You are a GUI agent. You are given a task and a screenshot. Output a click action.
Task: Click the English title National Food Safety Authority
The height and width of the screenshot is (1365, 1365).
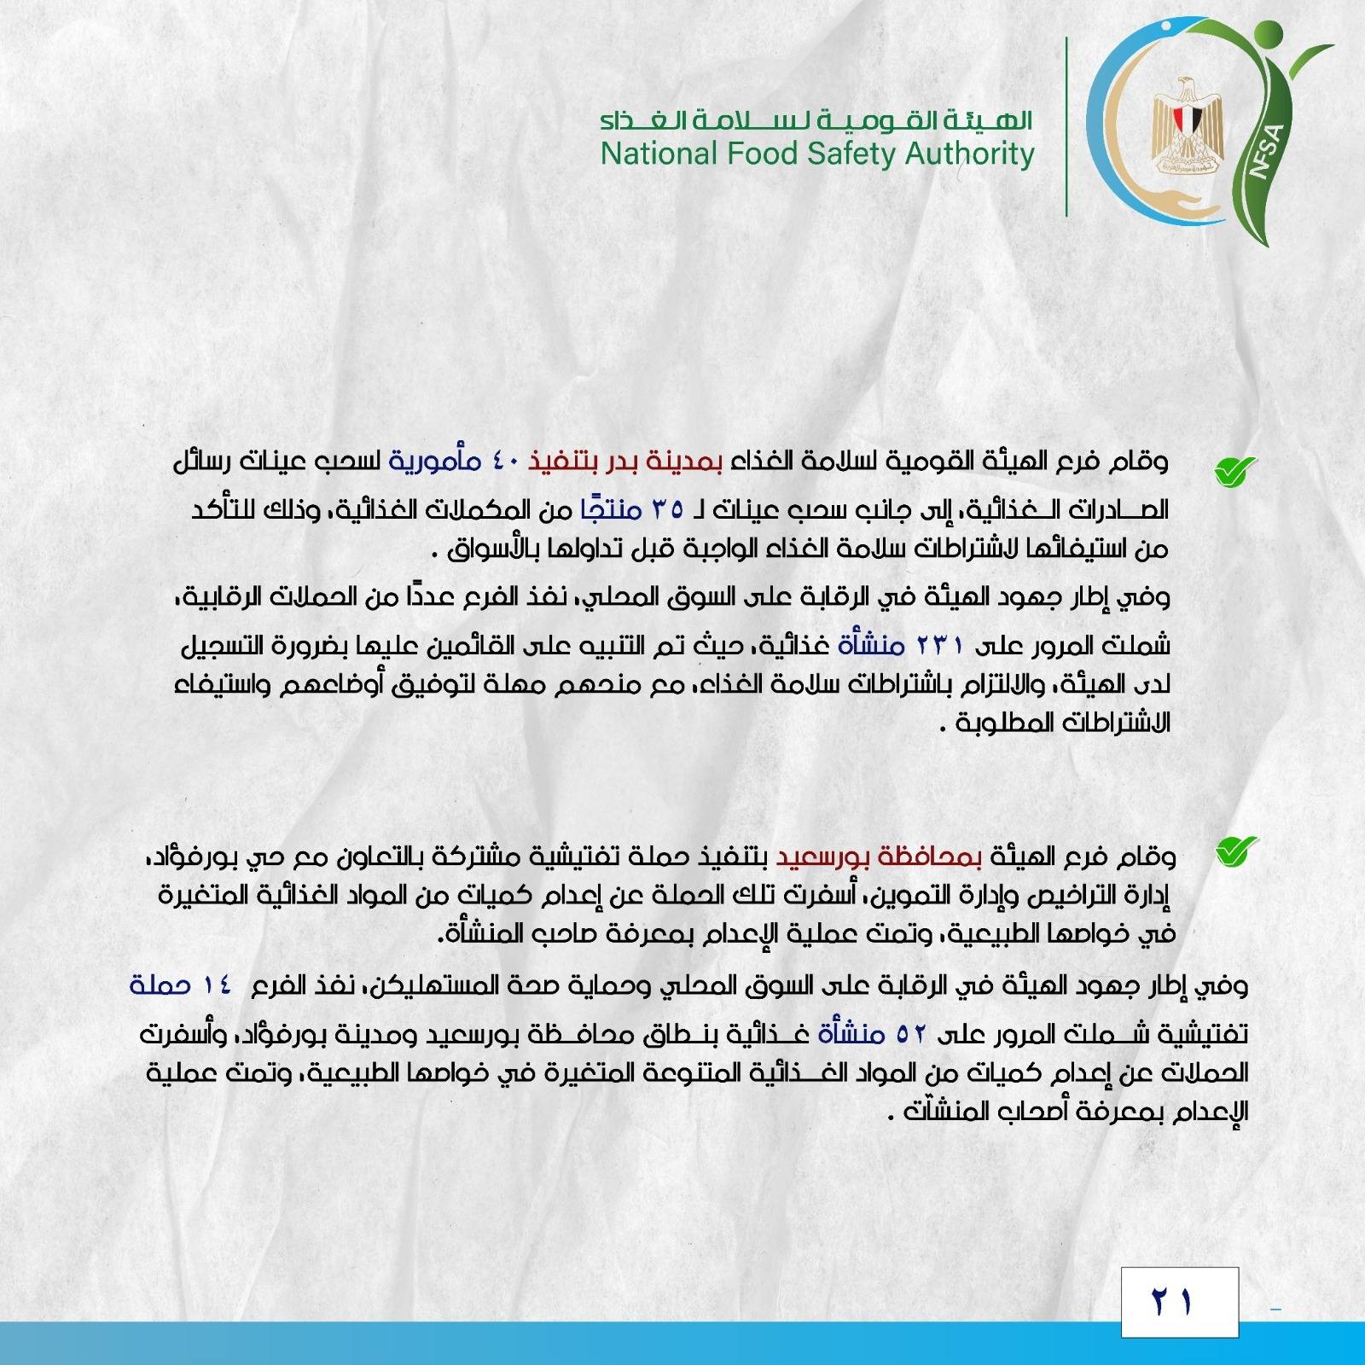pos(816,154)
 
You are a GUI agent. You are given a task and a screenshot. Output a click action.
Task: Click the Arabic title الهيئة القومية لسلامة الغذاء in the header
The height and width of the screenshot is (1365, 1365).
pos(816,120)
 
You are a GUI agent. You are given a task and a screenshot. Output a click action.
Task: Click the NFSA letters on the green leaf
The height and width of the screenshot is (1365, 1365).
pos(1269,150)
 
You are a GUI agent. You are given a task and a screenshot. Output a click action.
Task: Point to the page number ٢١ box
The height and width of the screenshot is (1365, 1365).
pos(1179,1302)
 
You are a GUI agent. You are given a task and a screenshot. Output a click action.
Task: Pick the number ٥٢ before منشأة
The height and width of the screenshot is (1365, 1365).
pos(914,1035)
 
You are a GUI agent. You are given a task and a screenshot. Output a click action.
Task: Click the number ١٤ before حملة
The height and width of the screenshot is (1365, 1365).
pos(217,985)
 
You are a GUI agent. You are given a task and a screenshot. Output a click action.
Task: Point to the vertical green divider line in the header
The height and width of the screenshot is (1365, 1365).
pos(1066,125)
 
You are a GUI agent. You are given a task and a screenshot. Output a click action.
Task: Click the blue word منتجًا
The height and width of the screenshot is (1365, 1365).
pos(607,509)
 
